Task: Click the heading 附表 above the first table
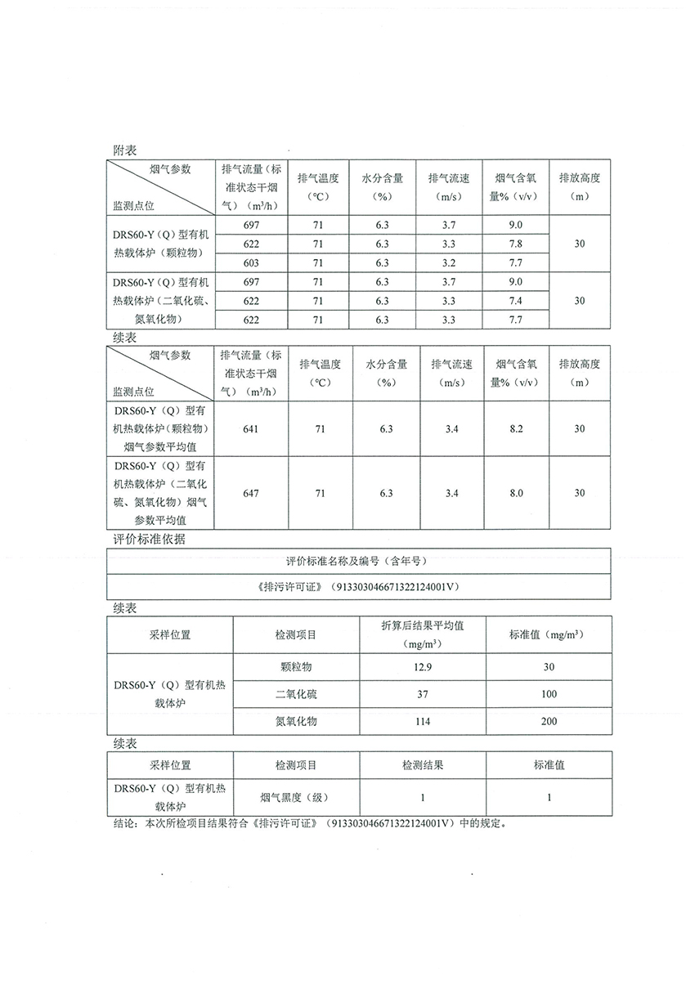(124, 150)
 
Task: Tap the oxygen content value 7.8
(515, 244)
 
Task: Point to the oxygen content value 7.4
(515, 301)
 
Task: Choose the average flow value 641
(250, 428)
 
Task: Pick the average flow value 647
(250, 493)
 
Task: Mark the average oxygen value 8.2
(516, 428)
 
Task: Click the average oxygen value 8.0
(516, 493)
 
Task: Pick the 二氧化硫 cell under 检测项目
(296, 694)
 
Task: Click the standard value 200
(549, 721)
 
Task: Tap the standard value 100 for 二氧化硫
(549, 694)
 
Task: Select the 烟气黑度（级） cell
(296, 797)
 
